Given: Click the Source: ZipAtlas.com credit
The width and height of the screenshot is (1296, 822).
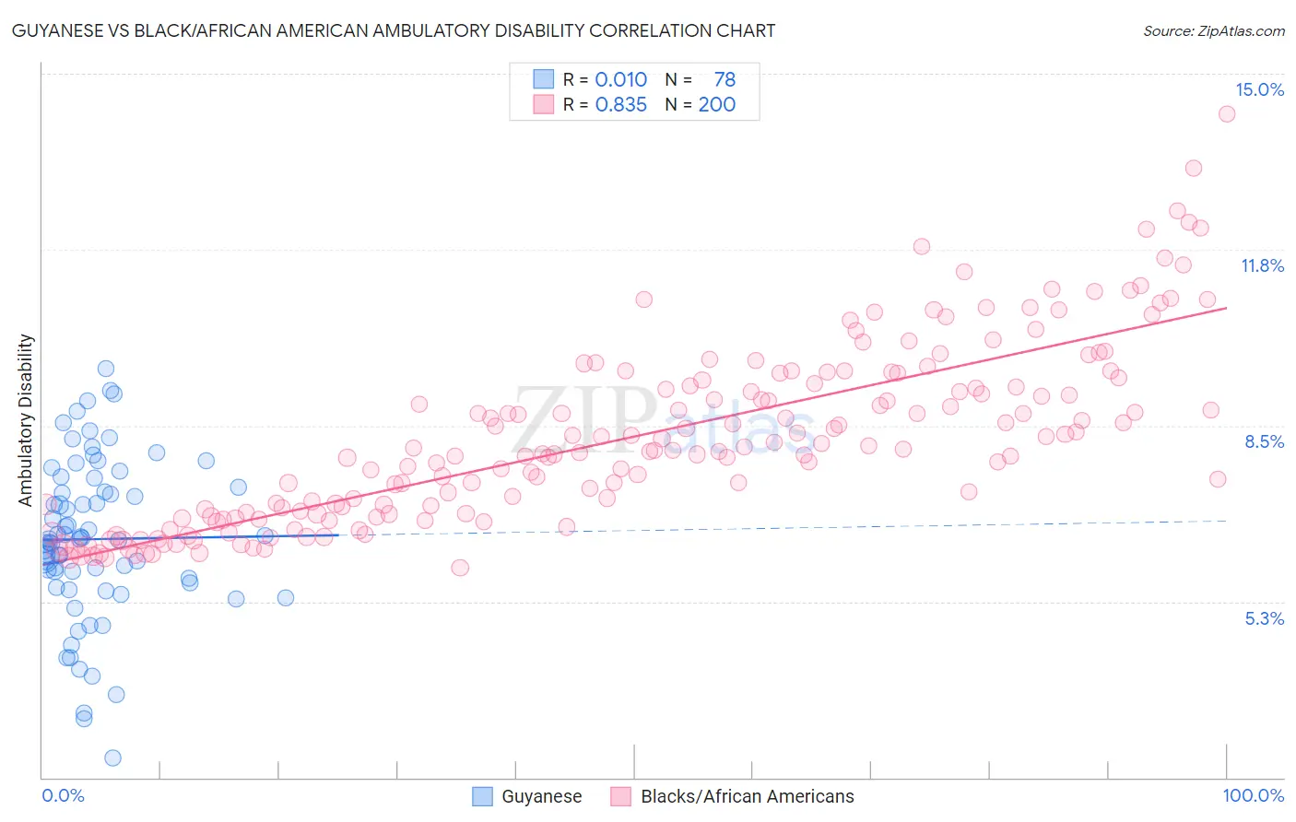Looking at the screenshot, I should (x=1213, y=30).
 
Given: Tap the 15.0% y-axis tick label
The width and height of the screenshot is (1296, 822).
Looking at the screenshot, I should (x=1259, y=89).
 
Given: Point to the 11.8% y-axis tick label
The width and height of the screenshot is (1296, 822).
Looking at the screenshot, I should (x=1261, y=265).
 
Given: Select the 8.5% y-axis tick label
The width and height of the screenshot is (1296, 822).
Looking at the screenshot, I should (x=1264, y=441).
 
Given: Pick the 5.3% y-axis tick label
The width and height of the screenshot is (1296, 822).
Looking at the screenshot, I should (x=1264, y=618).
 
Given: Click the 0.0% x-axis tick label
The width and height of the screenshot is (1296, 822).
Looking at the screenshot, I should (x=63, y=795).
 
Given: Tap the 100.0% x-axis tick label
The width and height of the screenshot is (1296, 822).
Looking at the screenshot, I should (x=1253, y=795).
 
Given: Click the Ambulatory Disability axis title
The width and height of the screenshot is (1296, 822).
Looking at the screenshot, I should (x=26, y=419).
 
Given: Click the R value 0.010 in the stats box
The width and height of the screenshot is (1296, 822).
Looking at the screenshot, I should (x=620, y=79).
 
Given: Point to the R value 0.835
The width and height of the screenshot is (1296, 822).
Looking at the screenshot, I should (x=620, y=104).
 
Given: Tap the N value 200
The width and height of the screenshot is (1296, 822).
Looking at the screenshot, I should (x=716, y=104).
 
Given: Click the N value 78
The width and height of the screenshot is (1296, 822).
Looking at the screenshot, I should (x=725, y=79).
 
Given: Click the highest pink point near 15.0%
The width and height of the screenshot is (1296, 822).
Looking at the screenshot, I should (x=1226, y=114).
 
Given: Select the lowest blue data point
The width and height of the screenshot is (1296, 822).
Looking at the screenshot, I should (x=112, y=757).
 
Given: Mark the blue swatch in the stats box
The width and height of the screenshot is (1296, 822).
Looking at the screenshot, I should (x=543, y=79).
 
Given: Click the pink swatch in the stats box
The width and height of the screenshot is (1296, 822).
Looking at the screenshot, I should (x=543, y=104).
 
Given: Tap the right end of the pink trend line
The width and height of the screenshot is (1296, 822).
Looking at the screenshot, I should (x=1226, y=308).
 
